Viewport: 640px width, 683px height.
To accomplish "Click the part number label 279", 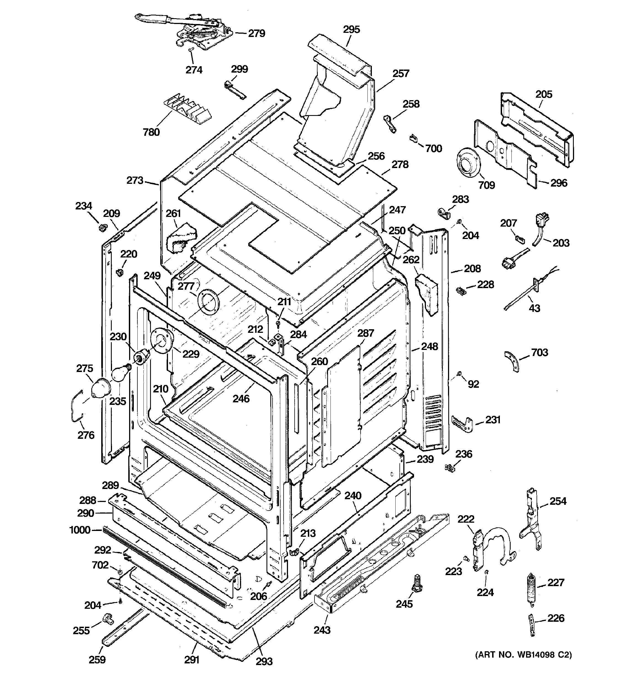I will (257, 33).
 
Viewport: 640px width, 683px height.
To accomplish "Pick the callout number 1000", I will (80, 530).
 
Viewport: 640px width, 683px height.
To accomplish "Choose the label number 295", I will (351, 30).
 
